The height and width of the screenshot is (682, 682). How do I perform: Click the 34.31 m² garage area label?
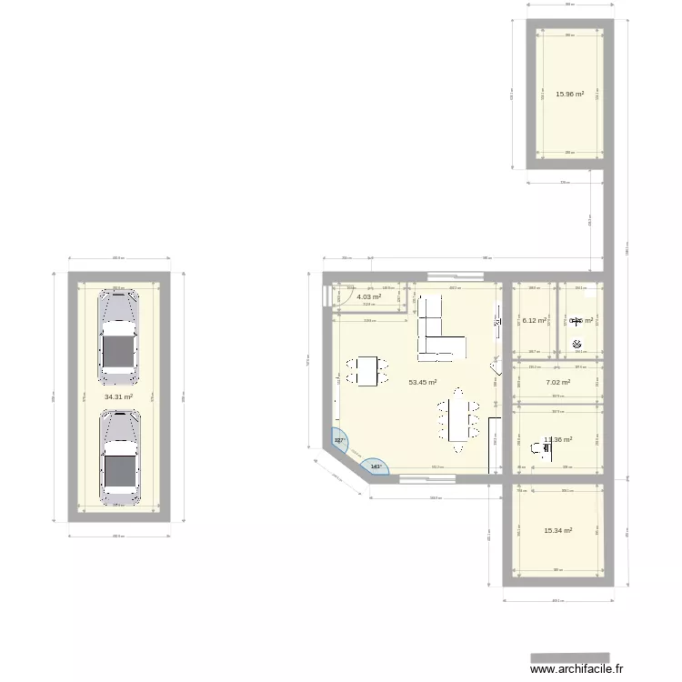tap(118, 397)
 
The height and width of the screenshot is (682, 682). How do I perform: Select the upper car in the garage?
tap(118, 334)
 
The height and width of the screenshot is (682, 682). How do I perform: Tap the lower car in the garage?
tap(119, 457)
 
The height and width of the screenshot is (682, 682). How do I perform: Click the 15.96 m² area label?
tap(569, 94)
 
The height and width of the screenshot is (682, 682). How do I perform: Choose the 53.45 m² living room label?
tap(423, 383)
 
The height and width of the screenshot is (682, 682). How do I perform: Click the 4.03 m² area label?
tap(368, 297)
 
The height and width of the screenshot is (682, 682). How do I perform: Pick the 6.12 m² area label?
tap(533, 320)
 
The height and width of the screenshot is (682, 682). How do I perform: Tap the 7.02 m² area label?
tap(557, 383)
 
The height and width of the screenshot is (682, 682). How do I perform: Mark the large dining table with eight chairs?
tap(456, 420)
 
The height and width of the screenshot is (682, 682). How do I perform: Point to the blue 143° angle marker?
tap(376, 467)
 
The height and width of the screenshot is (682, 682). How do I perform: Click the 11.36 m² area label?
tap(557, 440)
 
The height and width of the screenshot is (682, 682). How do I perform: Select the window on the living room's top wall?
tap(452, 275)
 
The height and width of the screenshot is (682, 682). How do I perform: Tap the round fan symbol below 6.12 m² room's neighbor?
tap(577, 344)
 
